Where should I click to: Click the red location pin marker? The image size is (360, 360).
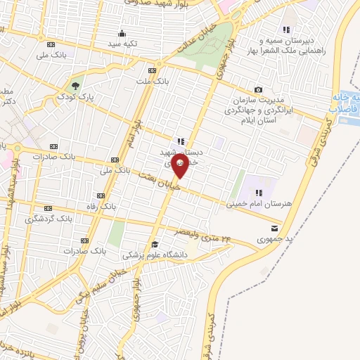(180, 166)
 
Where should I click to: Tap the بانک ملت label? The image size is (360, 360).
(153, 82)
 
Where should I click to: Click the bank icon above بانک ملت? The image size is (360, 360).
(153, 71)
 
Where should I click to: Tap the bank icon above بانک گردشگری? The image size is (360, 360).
(48, 208)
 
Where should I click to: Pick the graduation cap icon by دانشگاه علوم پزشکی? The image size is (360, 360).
(155, 244)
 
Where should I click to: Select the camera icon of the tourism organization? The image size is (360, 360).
(259, 89)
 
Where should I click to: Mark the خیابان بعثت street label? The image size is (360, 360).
(160, 181)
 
